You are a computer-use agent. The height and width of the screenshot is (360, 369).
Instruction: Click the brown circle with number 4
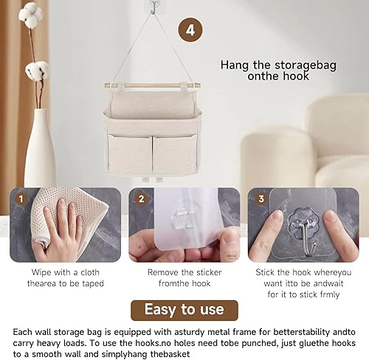click(190, 30)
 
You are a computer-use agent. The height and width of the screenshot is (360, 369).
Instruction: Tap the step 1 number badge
click(21, 198)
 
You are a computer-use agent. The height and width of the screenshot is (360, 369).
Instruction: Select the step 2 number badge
click(141, 198)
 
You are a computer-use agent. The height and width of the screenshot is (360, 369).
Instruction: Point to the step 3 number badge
click(261, 198)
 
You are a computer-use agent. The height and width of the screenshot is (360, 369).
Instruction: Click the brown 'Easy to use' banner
click(184, 310)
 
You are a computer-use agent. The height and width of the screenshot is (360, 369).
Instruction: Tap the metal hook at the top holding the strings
click(154, 7)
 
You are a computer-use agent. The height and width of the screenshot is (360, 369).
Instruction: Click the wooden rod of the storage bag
click(152, 86)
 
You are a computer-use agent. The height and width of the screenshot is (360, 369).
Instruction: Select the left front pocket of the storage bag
click(129, 153)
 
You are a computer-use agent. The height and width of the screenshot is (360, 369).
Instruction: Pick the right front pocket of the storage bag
click(175, 153)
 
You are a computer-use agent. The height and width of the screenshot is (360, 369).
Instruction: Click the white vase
click(41, 148)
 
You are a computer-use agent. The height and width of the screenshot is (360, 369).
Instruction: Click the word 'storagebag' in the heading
click(306, 66)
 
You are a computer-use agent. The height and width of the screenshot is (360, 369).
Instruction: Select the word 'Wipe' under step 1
click(41, 272)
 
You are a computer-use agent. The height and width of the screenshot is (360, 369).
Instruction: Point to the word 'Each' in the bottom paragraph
click(22, 332)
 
